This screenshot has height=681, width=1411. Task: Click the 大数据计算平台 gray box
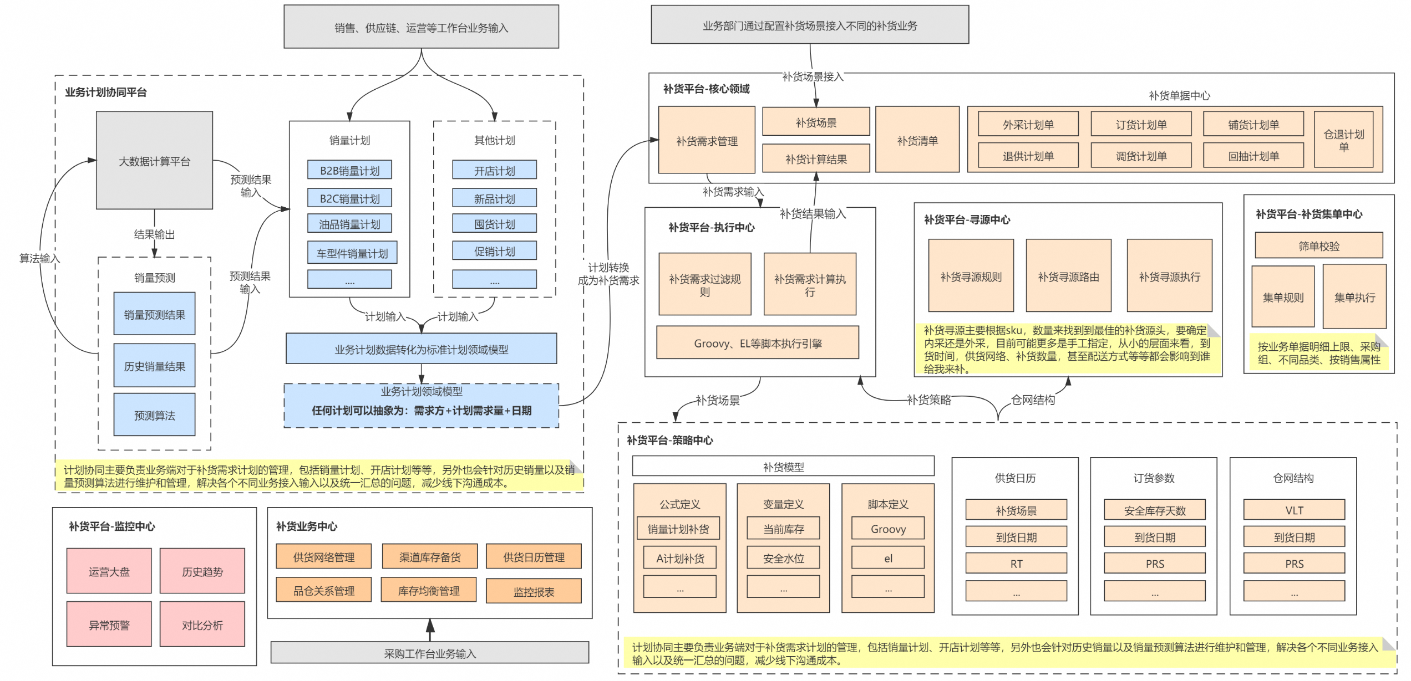click(154, 161)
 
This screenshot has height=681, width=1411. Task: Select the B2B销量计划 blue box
click(349, 170)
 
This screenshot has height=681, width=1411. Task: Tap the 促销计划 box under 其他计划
click(494, 251)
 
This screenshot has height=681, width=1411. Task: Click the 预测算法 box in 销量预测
click(154, 415)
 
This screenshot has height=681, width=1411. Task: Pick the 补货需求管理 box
click(706, 141)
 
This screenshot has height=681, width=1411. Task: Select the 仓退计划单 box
click(1343, 140)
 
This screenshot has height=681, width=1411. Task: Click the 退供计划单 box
click(1028, 156)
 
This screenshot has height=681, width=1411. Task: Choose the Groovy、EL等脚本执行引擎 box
click(757, 343)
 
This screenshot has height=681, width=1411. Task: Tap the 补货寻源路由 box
click(1068, 277)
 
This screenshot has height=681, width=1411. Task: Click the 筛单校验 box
click(1318, 245)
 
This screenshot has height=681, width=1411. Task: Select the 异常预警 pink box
click(109, 624)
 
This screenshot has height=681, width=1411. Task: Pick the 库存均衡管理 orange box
click(428, 591)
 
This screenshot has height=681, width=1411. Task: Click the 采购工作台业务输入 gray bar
click(429, 653)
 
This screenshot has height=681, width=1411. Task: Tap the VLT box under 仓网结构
click(1293, 510)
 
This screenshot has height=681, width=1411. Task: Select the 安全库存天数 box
click(1154, 510)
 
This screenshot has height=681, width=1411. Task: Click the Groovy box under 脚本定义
click(887, 529)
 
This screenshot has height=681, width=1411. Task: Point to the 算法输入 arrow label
click(39, 258)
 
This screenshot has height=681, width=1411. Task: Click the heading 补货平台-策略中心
click(669, 440)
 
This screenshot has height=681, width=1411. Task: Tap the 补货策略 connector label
click(928, 400)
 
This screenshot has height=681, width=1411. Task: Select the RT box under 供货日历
click(1016, 564)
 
